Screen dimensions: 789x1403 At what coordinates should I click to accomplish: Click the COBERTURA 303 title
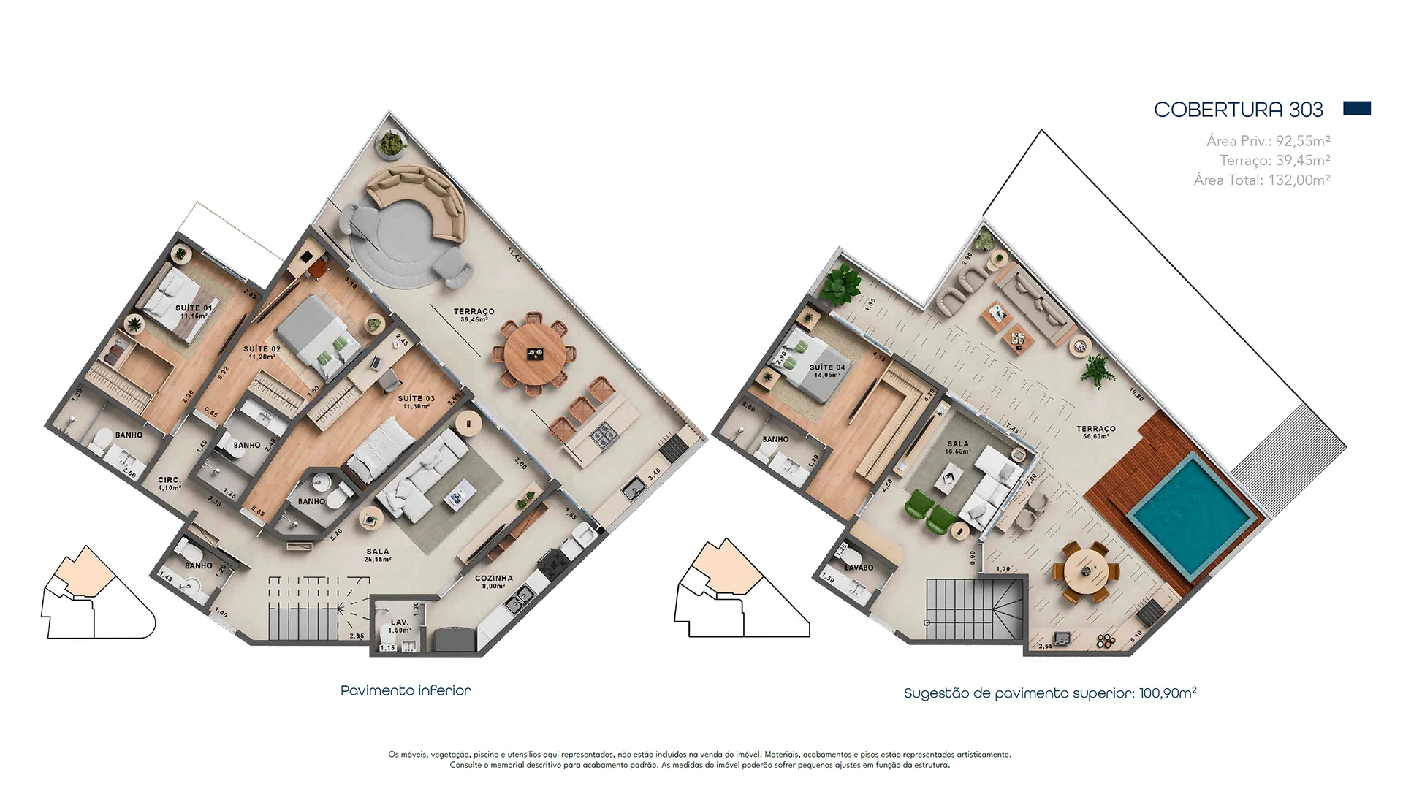pyautogui.click(x=1238, y=110)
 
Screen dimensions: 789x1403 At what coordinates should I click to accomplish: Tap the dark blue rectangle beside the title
pyautogui.click(x=1356, y=109)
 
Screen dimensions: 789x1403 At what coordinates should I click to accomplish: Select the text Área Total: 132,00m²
pyautogui.click(x=1261, y=180)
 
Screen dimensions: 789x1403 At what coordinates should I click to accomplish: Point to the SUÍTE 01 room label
pyautogui.click(x=194, y=311)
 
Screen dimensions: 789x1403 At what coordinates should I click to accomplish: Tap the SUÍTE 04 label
pyautogui.click(x=826, y=371)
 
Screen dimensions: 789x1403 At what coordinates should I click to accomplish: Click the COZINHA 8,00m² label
pyautogui.click(x=494, y=582)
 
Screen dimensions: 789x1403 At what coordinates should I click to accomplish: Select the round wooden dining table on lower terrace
pyautogui.click(x=534, y=354)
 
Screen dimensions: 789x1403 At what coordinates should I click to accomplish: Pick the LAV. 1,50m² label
pyautogui.click(x=400, y=625)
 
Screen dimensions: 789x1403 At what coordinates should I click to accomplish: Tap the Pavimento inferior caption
pyautogui.click(x=406, y=690)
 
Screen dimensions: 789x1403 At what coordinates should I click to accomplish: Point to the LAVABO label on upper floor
pyautogui.click(x=859, y=568)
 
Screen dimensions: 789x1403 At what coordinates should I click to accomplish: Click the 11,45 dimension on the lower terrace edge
pyautogui.click(x=514, y=254)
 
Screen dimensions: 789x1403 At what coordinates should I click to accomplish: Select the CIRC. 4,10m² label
pyautogui.click(x=170, y=484)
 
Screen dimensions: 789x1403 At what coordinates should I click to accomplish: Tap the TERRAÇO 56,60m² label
pyautogui.click(x=1095, y=432)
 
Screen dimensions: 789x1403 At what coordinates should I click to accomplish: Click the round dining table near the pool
pyautogui.click(x=1087, y=572)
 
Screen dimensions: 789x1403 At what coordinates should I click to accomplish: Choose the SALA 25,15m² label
pyautogui.click(x=378, y=555)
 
